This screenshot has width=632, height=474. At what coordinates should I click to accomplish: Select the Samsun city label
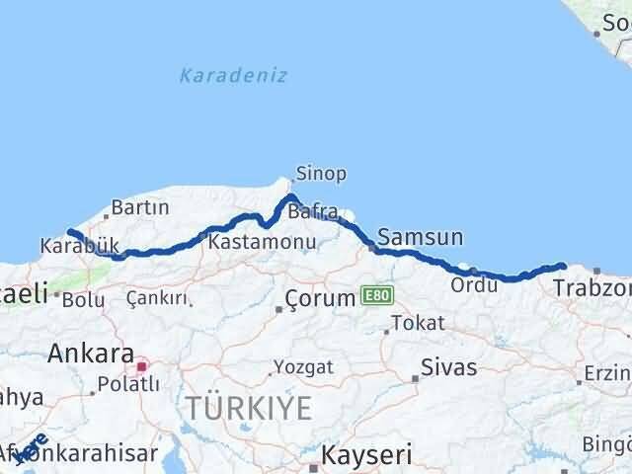[420, 237]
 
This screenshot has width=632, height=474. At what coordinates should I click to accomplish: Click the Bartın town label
[140, 208]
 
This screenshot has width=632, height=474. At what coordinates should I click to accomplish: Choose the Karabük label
[80, 246]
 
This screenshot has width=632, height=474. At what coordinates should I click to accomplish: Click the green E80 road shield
[376, 295]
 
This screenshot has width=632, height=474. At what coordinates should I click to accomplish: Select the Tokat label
[417, 323]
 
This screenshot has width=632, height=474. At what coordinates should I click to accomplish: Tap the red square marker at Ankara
[142, 366]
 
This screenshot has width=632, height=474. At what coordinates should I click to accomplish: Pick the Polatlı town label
[122, 384]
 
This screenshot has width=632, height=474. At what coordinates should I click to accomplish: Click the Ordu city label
[469, 284]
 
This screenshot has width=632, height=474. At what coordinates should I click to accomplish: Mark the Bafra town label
[313, 212]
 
